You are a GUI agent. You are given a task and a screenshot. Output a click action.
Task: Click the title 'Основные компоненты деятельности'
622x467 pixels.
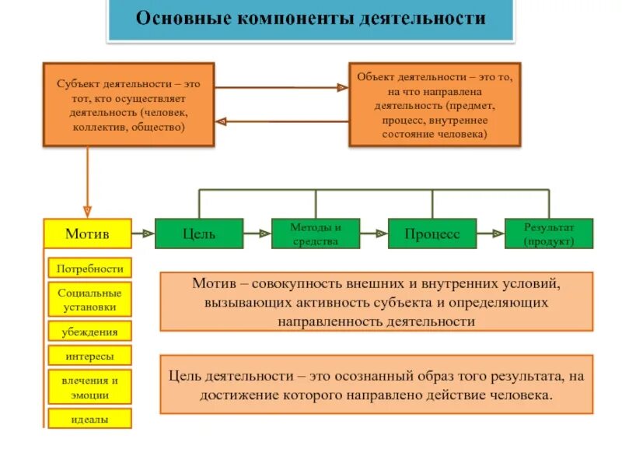point(311,19)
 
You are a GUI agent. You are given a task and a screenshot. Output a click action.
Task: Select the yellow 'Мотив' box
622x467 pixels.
point(87,233)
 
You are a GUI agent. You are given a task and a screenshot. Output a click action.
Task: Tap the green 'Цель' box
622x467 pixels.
point(199,233)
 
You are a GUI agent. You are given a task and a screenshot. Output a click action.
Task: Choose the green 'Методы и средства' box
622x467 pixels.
point(316,233)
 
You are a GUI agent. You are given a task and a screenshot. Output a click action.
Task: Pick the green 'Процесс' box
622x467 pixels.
point(432,233)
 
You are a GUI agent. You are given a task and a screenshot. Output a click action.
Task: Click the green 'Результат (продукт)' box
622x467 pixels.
point(549,233)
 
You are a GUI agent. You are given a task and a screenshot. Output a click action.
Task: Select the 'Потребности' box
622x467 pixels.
point(89,269)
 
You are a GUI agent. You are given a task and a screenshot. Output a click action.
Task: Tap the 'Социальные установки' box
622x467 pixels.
point(89,300)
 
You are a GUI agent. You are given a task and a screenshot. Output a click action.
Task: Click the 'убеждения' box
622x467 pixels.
point(89,332)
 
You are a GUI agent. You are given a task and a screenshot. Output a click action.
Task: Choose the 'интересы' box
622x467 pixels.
point(89,356)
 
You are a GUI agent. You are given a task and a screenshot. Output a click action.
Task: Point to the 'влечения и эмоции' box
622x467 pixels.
point(89,388)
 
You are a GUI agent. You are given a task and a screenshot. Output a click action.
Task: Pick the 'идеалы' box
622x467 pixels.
point(89,420)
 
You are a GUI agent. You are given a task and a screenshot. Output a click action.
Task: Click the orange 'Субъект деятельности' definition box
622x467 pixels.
point(127,105)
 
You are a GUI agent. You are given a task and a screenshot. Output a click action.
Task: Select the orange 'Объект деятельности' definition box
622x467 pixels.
point(435,105)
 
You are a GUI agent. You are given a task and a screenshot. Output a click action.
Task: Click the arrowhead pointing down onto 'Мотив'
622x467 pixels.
point(87,211)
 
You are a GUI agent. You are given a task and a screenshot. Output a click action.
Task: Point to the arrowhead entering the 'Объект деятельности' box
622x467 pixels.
point(341,88)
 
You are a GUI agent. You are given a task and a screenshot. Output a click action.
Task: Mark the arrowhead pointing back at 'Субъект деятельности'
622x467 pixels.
point(221,121)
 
